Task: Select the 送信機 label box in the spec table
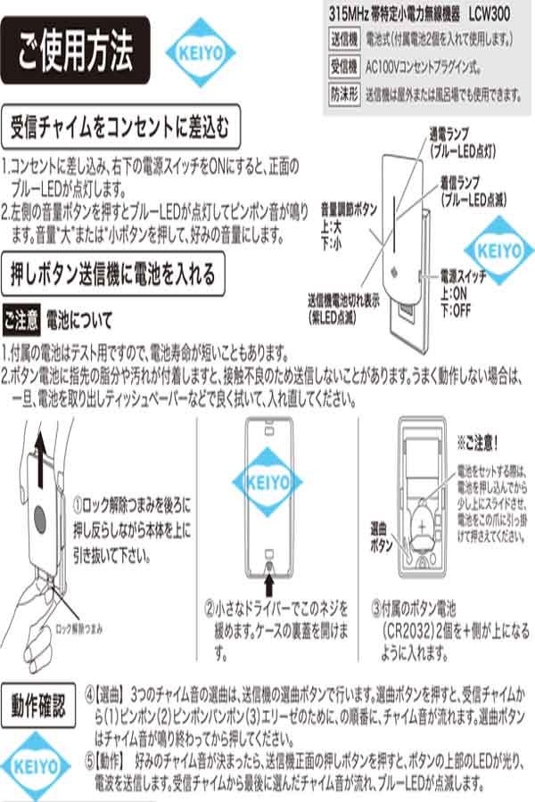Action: (343, 41)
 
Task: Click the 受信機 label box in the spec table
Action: (343, 67)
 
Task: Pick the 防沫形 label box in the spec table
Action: (343, 93)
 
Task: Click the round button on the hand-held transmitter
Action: (42, 518)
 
